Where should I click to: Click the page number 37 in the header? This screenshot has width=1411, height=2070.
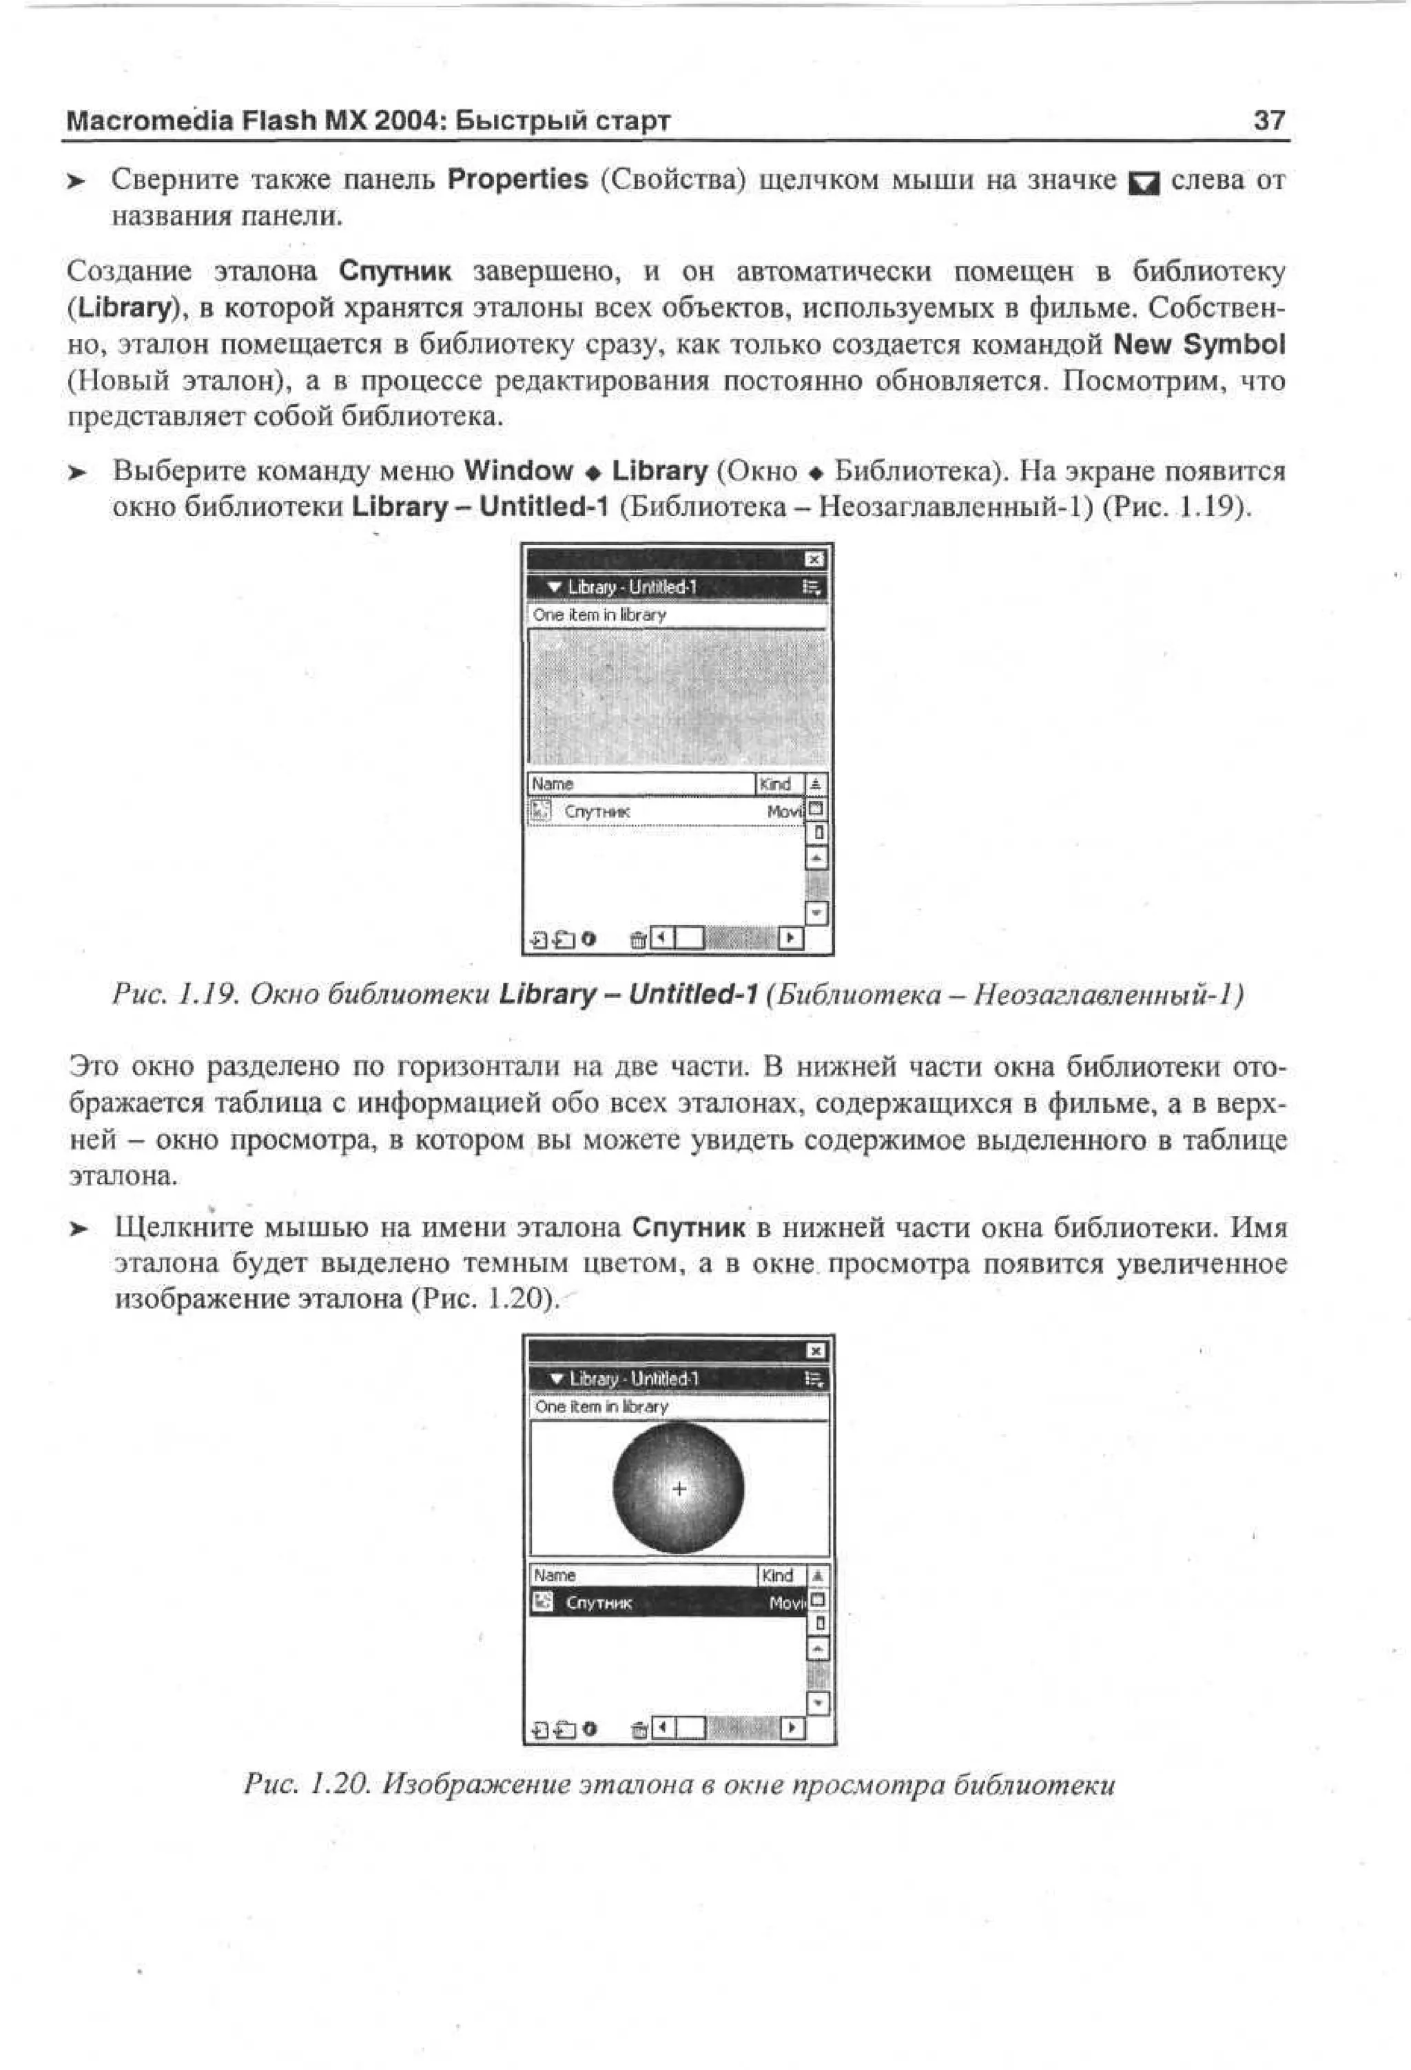1268,121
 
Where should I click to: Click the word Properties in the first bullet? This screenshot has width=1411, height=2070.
517,180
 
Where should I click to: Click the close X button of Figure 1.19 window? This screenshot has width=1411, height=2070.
814,559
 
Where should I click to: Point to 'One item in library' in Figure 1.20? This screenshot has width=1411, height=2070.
601,1407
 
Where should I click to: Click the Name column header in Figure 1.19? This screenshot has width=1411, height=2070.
553,784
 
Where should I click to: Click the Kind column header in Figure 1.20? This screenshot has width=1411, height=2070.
776,1575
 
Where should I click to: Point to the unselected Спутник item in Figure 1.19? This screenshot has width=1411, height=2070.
596,811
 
